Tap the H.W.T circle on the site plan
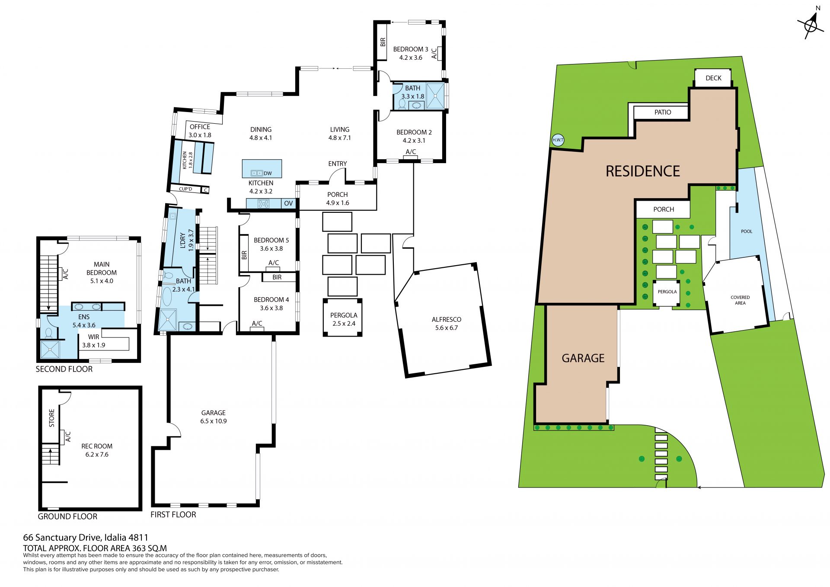tap(558, 140)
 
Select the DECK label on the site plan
tap(713, 78)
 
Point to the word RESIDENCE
tap(643, 171)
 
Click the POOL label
tap(747, 231)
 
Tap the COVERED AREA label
tap(740, 300)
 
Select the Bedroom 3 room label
tap(411, 53)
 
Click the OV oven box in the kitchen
tap(288, 203)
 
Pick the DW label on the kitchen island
tap(268, 173)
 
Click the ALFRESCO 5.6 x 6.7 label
tap(447, 324)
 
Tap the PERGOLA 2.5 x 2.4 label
tap(344, 319)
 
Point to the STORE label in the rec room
tap(52, 418)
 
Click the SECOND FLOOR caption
tap(64, 369)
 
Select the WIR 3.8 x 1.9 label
tap(94, 341)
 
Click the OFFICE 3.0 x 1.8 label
tap(200, 131)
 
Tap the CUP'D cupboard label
tap(185, 189)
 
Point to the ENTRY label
tap(338, 164)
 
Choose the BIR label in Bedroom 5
tap(245, 255)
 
